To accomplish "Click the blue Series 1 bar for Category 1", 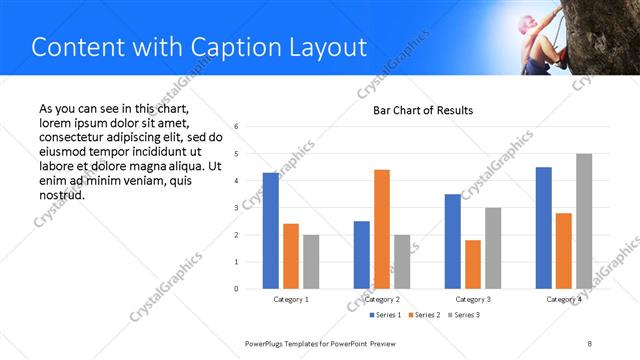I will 271,230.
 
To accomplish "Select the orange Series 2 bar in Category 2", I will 382,229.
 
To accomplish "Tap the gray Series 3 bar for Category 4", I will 584,221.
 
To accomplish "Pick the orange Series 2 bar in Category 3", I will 473,264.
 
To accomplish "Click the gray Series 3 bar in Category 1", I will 311,262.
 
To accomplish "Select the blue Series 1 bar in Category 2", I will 362,255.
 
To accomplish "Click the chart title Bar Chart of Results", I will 423,110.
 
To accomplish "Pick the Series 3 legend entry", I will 463,316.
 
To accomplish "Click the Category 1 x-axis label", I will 291,299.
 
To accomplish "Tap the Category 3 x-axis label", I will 473,299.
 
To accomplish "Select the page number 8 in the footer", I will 589,343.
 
